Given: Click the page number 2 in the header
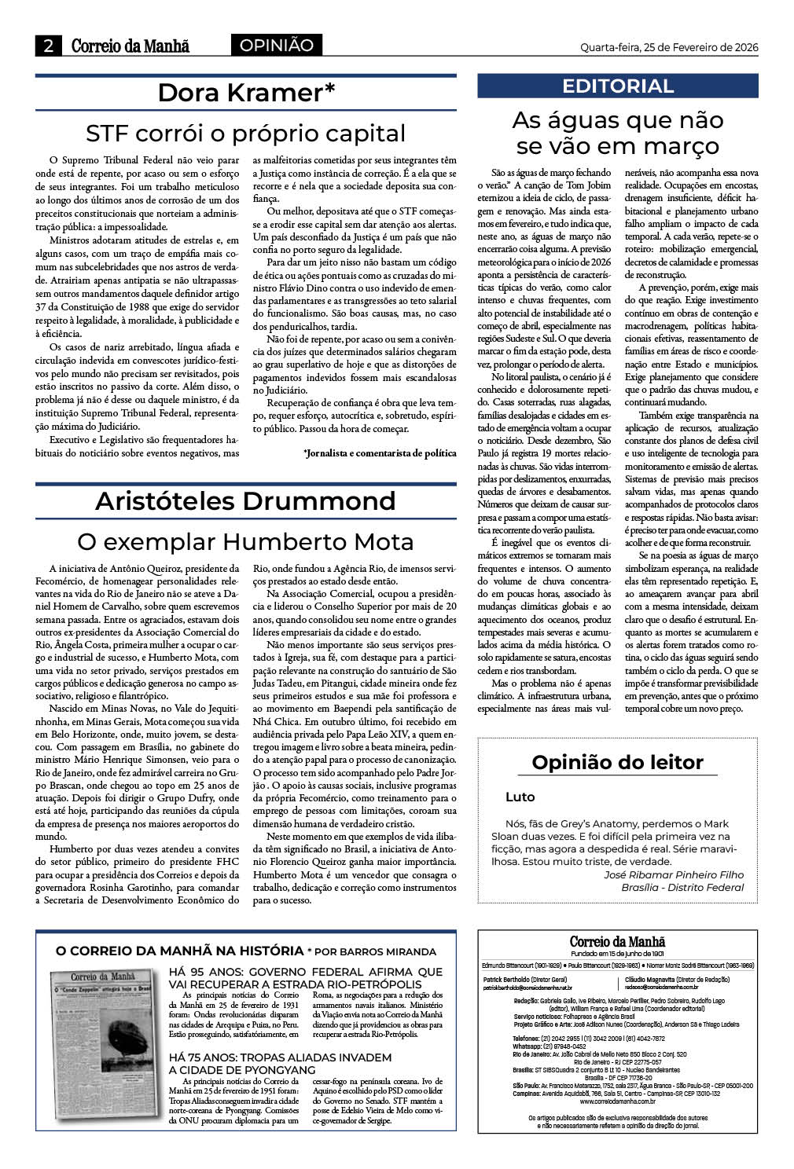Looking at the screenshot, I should point(49,46).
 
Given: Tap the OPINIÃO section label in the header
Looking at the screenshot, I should point(276,46).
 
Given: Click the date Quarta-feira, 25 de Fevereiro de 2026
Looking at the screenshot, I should point(669,47).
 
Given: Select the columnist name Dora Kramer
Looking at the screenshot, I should point(246,93).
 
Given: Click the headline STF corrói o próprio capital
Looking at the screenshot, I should point(245,133).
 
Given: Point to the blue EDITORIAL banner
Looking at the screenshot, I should point(618,86).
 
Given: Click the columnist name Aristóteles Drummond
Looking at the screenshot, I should point(245,501).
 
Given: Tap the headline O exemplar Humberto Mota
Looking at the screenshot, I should point(245,542).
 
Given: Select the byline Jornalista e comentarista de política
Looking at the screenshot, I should point(379,453).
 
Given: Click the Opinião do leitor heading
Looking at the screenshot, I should point(617,762).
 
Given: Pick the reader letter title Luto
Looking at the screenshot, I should point(520,797).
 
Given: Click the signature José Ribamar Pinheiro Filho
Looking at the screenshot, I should point(673,874).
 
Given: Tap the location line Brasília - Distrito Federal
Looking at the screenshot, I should point(682,887).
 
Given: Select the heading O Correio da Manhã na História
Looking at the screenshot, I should point(179,951).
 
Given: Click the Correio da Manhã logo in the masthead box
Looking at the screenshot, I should point(617,942).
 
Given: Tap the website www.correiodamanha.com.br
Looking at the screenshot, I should point(617,1101).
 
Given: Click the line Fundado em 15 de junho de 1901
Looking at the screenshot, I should point(617,953).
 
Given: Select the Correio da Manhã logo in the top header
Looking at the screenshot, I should point(130,46).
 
